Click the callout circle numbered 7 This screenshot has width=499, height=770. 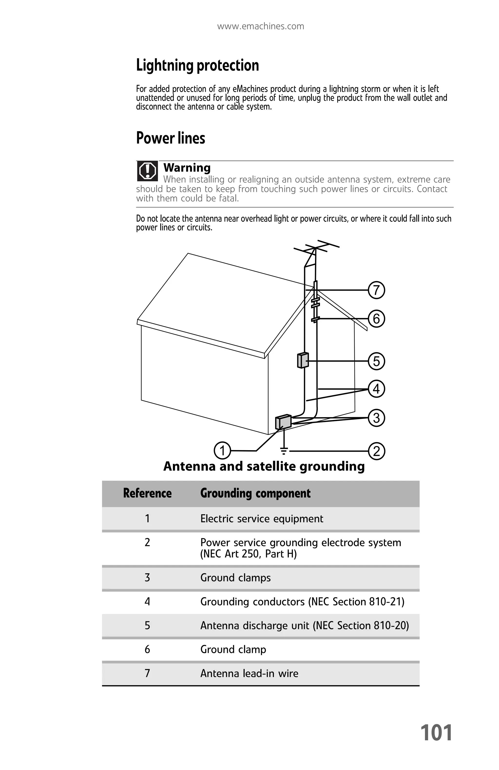click(376, 290)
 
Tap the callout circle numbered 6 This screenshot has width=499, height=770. click(376, 318)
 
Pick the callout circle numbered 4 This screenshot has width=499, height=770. click(376, 389)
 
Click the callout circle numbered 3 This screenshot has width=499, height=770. click(376, 417)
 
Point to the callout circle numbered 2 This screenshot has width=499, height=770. click(376, 451)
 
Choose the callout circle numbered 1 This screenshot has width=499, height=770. click(222, 450)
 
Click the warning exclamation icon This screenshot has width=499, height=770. click(148, 171)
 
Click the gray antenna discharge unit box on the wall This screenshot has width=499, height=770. click(302, 360)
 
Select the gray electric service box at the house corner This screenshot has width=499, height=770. click(283, 422)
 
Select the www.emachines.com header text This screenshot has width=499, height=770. click(260, 26)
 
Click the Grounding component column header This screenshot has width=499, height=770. click(255, 493)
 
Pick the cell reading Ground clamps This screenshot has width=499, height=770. click(235, 577)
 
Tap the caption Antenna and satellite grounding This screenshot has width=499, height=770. click(264, 466)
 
